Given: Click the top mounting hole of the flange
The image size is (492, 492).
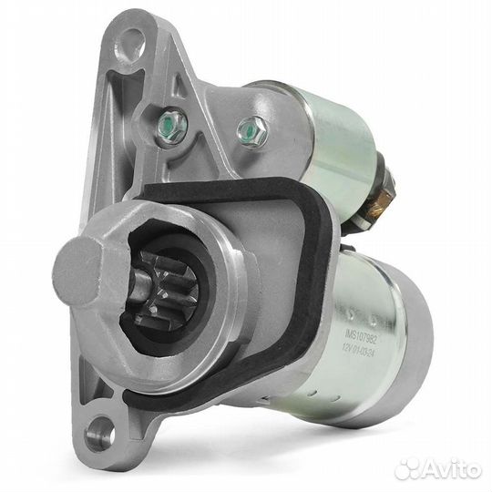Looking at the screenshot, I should tap(132, 40).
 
